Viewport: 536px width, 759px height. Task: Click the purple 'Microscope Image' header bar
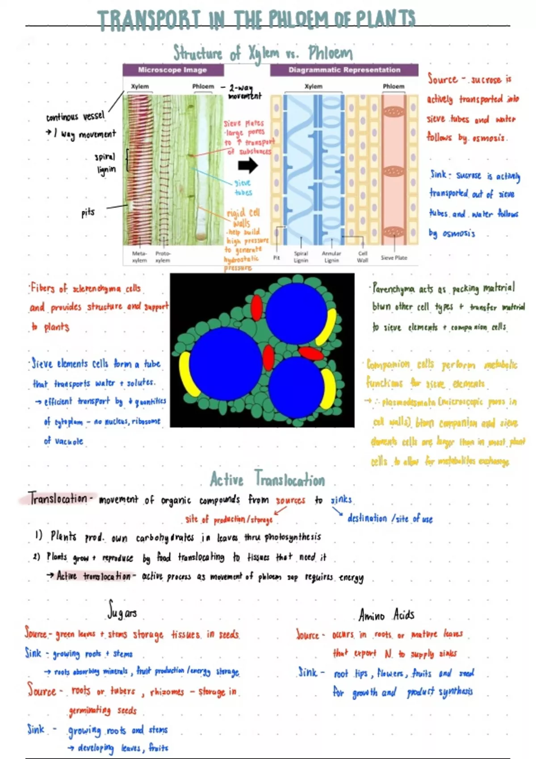[173, 70]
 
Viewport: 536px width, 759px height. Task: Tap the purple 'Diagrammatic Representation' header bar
[344, 70]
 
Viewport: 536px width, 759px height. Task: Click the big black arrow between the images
[248, 166]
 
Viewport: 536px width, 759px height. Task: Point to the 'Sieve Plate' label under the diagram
[394, 258]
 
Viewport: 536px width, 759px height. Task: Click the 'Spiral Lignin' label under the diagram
[301, 257]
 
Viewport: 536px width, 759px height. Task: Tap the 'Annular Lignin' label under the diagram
[331, 257]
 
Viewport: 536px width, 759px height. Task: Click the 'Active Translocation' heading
[268, 480]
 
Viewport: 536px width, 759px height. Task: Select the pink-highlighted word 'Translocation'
[58, 498]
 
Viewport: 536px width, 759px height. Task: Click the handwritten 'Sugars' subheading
[122, 610]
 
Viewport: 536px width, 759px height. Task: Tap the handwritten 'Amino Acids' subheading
[386, 615]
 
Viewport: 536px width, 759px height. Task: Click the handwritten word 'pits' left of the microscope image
[88, 213]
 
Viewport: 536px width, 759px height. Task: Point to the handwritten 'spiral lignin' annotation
[105, 163]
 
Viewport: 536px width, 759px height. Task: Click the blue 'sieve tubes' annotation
[243, 188]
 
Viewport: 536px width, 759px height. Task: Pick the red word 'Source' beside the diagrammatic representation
[443, 79]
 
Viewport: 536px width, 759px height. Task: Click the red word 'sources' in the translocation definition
[290, 500]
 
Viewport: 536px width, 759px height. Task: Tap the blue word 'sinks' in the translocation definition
[341, 500]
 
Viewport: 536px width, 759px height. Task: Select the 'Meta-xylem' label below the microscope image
[139, 257]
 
